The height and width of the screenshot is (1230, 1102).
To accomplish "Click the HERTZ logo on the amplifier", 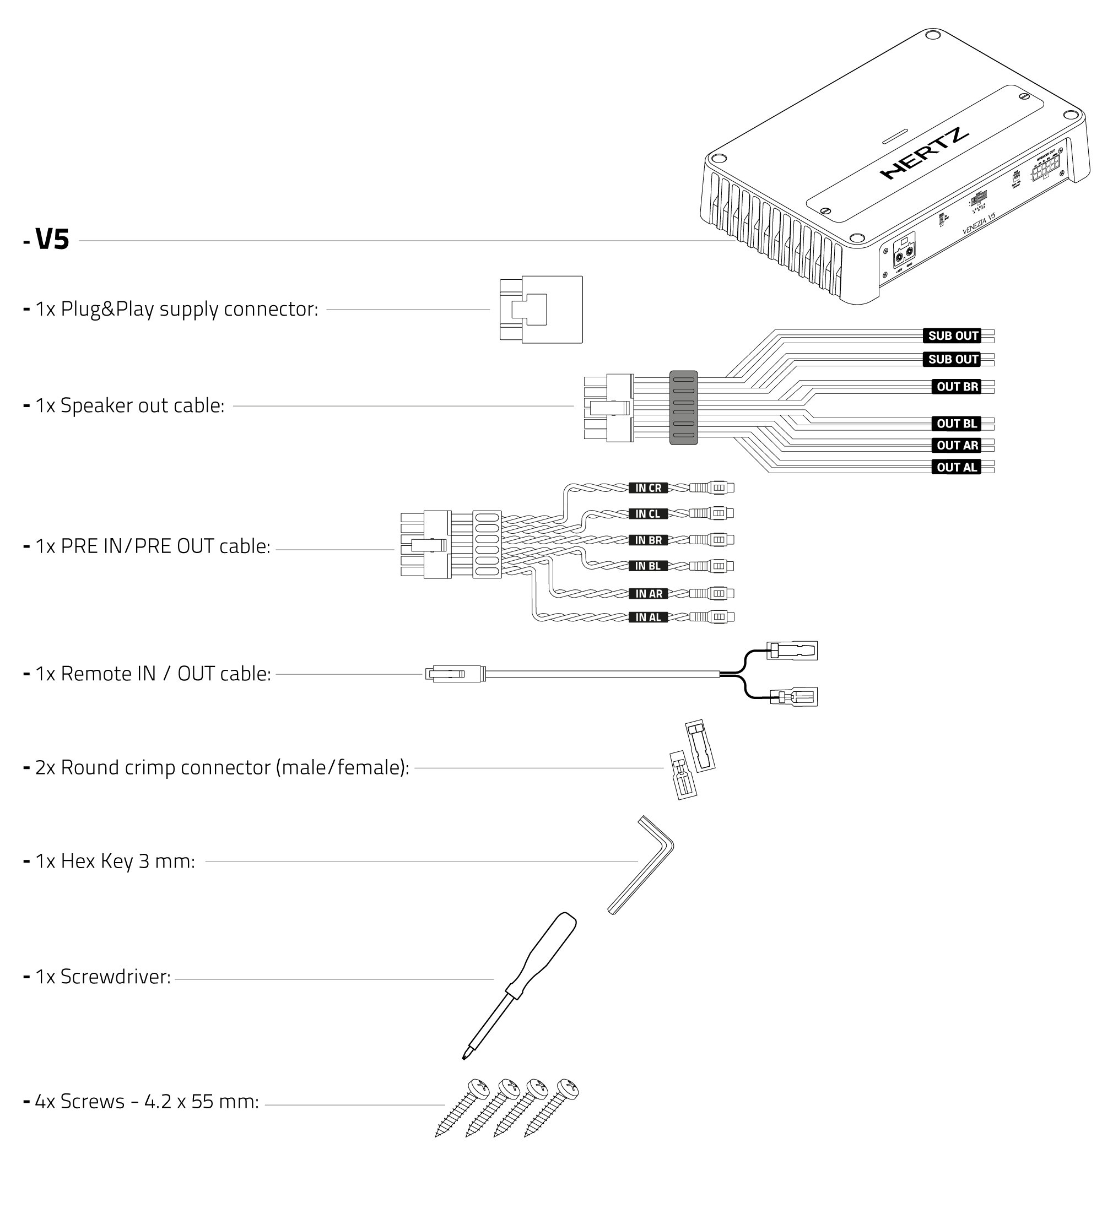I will [924, 154].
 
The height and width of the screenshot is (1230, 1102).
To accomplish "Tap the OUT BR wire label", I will [957, 387].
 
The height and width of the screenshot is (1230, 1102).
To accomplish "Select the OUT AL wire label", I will [956, 467].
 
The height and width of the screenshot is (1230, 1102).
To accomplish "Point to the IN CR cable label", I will [648, 488].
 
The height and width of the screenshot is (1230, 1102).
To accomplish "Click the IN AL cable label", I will [648, 617].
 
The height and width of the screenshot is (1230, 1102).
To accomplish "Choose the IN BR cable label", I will [648, 540].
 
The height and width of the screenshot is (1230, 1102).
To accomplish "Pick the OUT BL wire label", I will [956, 424].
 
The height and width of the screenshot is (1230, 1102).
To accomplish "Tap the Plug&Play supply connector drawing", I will [541, 310].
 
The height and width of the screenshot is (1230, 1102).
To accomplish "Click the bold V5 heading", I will [52, 240].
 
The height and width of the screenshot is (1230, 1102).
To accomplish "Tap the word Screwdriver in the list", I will [115, 977].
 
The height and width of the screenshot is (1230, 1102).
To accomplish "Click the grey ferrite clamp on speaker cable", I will [683, 408].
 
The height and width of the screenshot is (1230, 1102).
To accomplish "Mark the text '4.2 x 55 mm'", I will [201, 1102].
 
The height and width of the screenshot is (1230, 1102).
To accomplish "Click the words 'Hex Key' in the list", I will [97, 861].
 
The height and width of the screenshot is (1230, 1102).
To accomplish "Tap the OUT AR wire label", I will [957, 446].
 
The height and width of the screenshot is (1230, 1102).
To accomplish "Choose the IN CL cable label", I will [648, 514].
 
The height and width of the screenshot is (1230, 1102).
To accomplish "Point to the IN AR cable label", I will [648, 594].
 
